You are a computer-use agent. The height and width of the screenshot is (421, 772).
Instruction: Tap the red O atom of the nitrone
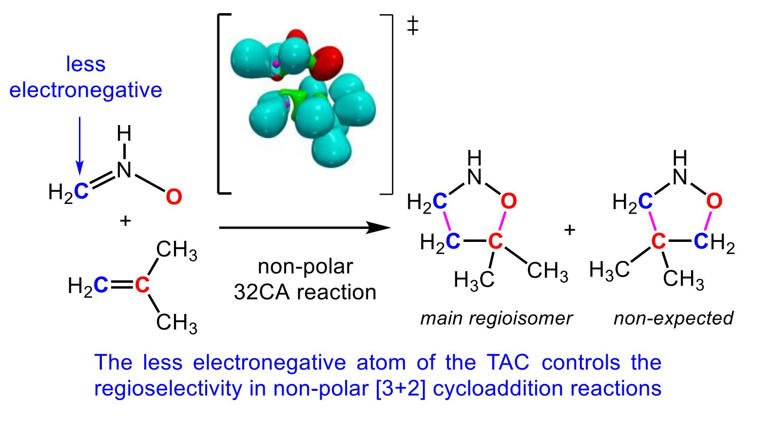point(174,197)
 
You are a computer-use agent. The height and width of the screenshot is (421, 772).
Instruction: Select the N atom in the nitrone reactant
point(124,169)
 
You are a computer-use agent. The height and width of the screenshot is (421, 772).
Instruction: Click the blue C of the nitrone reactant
point(82,191)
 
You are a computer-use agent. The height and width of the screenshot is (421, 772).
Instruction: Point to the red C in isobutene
point(142,285)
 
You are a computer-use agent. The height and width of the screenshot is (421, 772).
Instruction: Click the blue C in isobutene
point(101,285)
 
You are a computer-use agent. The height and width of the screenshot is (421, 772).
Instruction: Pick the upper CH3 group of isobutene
point(176,250)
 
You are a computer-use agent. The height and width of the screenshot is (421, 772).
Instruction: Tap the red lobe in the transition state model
point(328,60)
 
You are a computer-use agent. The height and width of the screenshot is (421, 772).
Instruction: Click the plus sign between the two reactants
point(125,221)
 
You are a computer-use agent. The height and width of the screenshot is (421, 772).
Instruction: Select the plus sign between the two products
point(569,229)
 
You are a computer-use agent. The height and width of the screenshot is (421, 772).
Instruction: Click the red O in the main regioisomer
point(508,201)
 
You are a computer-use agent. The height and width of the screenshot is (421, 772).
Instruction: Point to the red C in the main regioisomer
point(495,241)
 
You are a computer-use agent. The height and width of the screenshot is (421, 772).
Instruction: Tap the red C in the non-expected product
point(658,241)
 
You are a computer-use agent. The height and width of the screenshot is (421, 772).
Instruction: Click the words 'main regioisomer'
point(496,318)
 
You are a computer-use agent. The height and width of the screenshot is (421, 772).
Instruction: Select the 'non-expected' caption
point(673,318)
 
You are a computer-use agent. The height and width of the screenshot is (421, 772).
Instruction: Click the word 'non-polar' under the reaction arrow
point(305,267)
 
